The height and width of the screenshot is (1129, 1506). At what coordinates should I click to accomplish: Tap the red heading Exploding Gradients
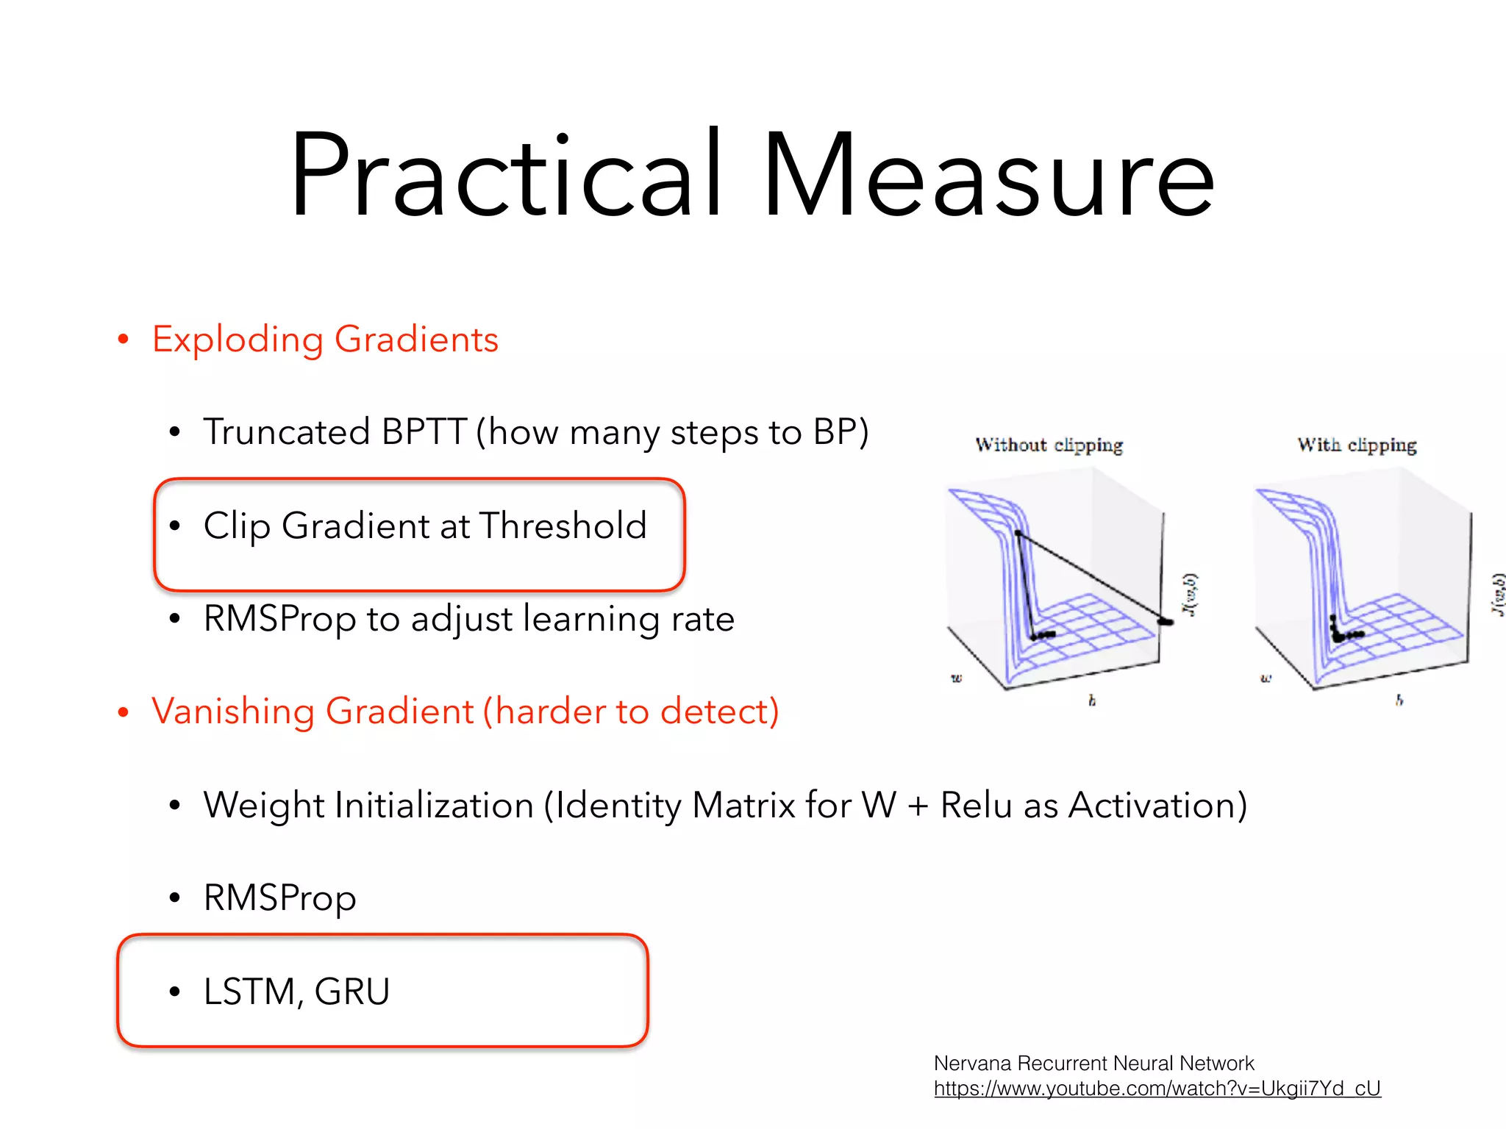[x=325, y=340]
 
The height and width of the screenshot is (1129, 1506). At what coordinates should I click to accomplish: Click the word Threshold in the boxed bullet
[x=563, y=526]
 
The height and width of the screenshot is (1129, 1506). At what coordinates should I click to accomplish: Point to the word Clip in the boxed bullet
[x=237, y=526]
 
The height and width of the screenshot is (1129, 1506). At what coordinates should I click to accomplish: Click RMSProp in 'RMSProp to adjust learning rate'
[x=279, y=619]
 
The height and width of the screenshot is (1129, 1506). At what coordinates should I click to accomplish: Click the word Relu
[x=977, y=805]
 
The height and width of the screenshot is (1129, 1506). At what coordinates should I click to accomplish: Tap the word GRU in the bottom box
[x=352, y=992]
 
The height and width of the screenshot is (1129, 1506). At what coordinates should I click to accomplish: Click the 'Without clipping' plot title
[x=1049, y=445]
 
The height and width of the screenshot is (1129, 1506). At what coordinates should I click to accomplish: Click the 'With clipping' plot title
[x=1357, y=445]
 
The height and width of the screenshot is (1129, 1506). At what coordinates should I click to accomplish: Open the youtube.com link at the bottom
[x=1157, y=1089]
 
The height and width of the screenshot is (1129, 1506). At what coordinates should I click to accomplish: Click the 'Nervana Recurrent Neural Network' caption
[x=1093, y=1064]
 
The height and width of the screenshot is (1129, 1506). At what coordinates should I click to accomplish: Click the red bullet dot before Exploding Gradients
[x=124, y=340]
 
